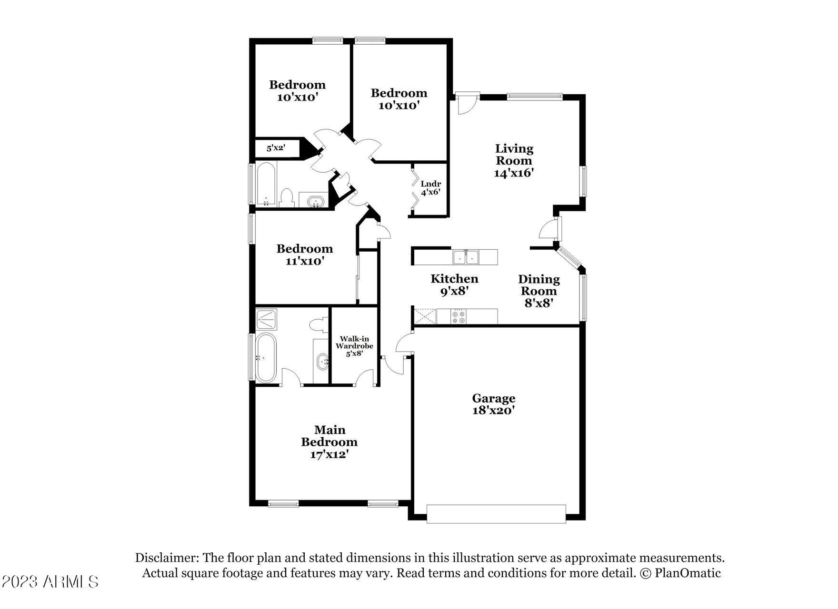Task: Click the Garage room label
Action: click(x=493, y=404)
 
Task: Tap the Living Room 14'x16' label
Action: click(x=514, y=161)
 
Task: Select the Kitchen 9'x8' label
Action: click(x=454, y=285)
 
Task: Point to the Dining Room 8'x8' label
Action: click(x=539, y=291)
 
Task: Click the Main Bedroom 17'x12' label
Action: click(x=329, y=442)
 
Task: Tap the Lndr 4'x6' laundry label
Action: click(x=430, y=188)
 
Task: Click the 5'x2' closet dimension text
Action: click(x=275, y=148)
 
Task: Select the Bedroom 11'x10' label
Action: click(x=305, y=255)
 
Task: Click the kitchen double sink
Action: click(x=466, y=257)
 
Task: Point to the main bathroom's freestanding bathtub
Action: click(x=266, y=358)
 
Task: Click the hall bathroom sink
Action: click(x=314, y=202)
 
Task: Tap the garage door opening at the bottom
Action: click(x=496, y=514)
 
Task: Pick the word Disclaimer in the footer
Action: click(x=167, y=558)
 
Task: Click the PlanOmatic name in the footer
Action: click(x=688, y=573)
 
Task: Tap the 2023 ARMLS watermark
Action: click(x=50, y=581)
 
